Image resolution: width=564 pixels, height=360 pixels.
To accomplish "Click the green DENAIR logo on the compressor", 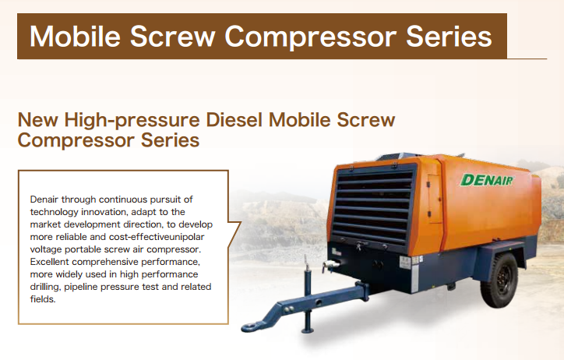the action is (x=487, y=180).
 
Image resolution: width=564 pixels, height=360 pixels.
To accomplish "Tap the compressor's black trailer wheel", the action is (x=500, y=280).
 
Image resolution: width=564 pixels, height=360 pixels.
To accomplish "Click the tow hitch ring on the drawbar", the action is (x=252, y=327).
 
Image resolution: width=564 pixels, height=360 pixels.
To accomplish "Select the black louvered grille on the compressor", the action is (x=374, y=206).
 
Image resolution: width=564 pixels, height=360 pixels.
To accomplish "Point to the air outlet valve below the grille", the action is (x=330, y=265).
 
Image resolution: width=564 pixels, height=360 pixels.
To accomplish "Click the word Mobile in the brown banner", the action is (x=75, y=37).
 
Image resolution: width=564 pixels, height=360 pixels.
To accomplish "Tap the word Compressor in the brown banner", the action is (x=310, y=37).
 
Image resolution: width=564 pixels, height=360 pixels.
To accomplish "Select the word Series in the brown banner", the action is (x=449, y=37).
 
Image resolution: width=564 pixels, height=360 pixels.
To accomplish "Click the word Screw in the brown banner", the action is (x=173, y=37).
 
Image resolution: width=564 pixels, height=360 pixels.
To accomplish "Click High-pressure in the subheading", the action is (x=132, y=120).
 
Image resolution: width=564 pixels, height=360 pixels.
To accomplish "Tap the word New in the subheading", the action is (x=37, y=119).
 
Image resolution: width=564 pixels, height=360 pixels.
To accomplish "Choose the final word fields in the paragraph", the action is (x=43, y=299).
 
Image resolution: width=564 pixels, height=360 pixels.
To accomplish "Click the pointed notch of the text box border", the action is (x=241, y=223).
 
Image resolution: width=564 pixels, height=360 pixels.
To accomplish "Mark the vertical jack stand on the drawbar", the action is (x=308, y=295).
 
